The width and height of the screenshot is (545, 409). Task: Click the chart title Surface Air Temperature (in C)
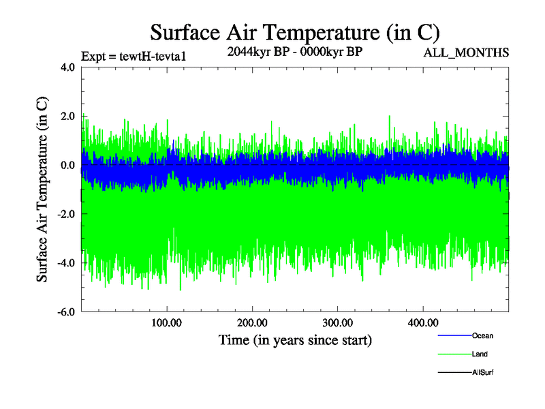tap(295, 33)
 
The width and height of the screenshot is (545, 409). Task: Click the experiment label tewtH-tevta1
tap(133, 56)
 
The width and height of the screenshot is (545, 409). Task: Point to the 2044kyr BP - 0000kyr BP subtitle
tap(294, 52)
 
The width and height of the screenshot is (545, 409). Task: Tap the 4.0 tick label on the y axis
tap(67, 67)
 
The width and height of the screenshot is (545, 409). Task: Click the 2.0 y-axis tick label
tap(67, 117)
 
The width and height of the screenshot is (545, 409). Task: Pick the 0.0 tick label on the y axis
tap(67, 166)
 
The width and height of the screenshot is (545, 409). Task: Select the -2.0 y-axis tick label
tap(65, 214)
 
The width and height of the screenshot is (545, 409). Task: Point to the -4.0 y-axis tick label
tap(65, 263)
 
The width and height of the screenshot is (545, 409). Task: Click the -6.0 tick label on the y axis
tap(65, 312)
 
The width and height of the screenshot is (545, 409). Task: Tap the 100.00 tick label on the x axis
tap(167, 322)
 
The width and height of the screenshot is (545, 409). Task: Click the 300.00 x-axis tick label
tap(338, 322)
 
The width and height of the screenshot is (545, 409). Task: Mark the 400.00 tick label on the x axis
tap(423, 322)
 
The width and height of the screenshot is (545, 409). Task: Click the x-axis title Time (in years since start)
tap(295, 339)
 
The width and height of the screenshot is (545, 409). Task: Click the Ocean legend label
tap(482, 336)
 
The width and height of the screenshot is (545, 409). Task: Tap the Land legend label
tap(480, 354)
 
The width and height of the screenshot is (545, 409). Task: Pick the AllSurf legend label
tap(482, 372)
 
